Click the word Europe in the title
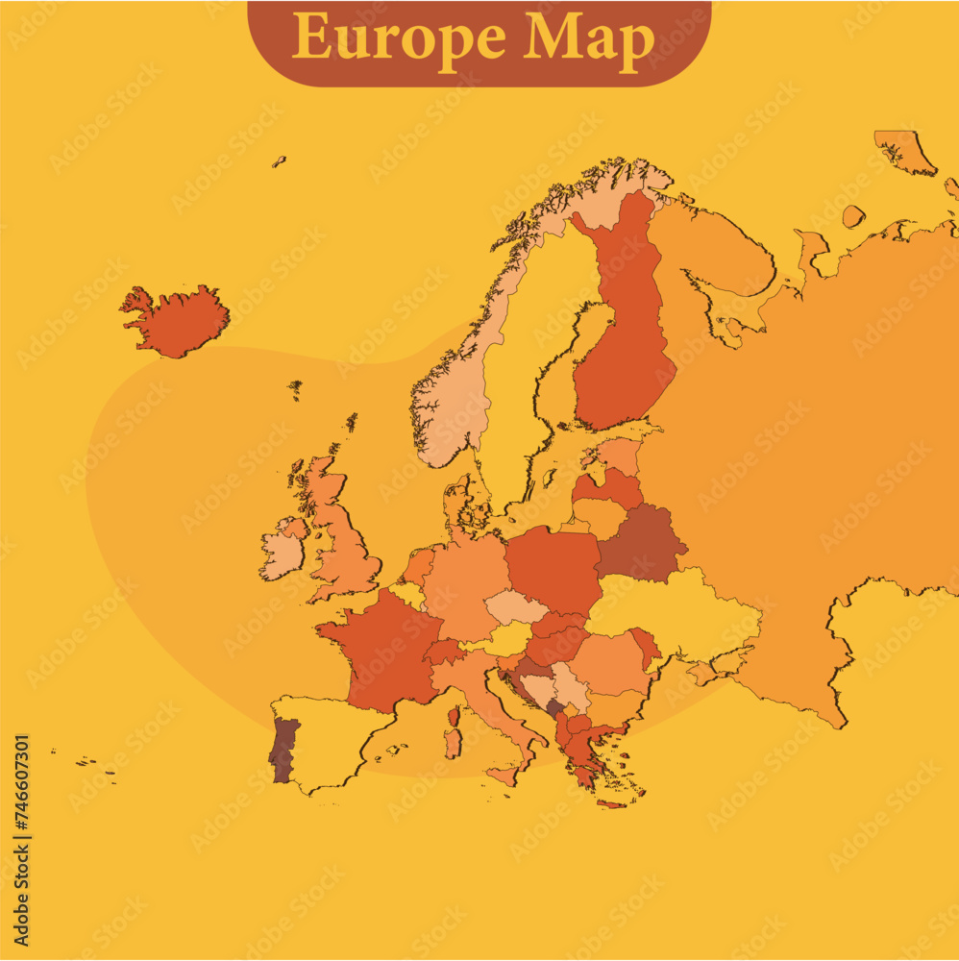[x=399, y=37]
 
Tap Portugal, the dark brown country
[x=283, y=750]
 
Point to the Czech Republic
[x=514, y=606]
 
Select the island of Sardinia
[x=453, y=743]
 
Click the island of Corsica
[x=454, y=717]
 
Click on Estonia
[x=620, y=455]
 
